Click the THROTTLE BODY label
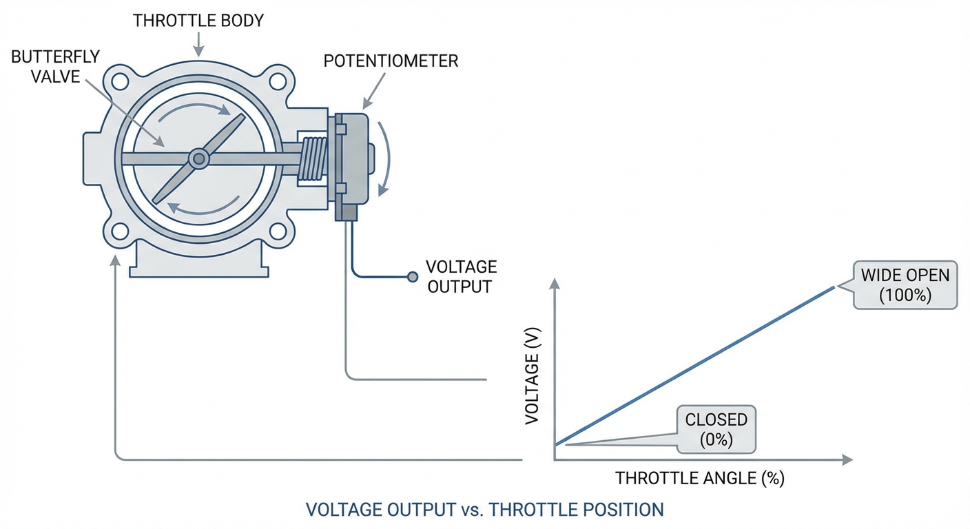pos(198,21)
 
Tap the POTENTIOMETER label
pos(391,61)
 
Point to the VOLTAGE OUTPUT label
pos(462,277)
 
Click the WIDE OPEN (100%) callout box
pos(905,285)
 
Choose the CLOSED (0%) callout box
pos(716,430)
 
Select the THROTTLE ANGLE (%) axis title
pos(699,478)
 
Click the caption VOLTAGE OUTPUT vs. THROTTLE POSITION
pos(484,510)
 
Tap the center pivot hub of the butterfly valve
pos(199,159)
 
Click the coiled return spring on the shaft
pos(314,160)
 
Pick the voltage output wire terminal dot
pos(412,277)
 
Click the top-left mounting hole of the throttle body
pos(120,81)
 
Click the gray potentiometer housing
pos(355,158)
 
